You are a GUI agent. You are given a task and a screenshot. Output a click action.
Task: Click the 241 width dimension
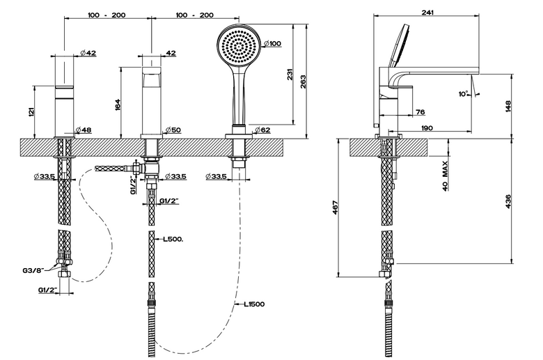pos(427,13)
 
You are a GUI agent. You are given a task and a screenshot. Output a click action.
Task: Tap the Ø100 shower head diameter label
pos(272,44)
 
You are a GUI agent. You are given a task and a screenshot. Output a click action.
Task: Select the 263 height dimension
pos(304,81)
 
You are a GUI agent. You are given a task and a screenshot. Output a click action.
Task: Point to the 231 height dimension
pos(290,75)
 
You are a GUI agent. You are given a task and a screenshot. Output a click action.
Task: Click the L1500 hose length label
pos(254,304)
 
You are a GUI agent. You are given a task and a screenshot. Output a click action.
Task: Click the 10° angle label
pos(464,94)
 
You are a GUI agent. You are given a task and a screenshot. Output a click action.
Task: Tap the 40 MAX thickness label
pos(445,175)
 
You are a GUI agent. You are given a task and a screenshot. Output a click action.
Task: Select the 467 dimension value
pos(336,208)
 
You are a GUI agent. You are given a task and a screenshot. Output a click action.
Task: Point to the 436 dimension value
pos(508,202)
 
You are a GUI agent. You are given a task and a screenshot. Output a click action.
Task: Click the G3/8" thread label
pos(33,270)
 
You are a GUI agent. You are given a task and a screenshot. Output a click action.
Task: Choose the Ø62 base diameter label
pos(263,130)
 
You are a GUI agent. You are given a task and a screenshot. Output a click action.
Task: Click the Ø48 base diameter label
pos(84,130)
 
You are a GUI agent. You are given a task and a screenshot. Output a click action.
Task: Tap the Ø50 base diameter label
pos(173,130)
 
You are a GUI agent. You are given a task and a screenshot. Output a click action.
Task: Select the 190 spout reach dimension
pos(427,128)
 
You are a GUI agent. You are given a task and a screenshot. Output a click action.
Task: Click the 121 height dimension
pos(31,112)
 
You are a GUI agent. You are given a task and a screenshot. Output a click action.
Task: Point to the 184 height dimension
pos(118,105)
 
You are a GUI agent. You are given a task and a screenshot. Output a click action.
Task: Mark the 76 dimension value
pos(420,112)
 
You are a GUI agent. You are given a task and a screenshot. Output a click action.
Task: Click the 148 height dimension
pos(508,107)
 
